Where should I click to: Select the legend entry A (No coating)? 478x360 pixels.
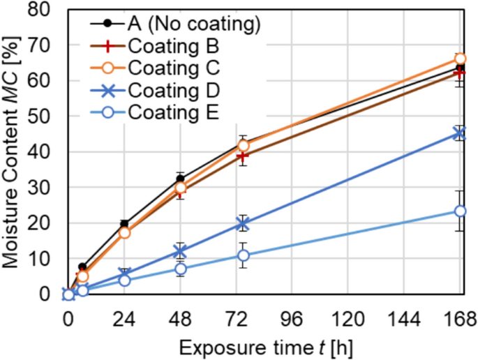tap(194, 25)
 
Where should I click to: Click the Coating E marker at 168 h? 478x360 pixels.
tap(460, 211)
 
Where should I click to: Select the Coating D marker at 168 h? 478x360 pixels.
tap(460, 133)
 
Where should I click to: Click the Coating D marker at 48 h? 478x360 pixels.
tap(181, 251)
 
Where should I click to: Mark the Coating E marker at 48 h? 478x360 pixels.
tap(181, 269)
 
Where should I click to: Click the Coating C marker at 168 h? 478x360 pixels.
tap(460, 59)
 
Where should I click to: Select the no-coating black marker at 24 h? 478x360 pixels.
tap(124, 224)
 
